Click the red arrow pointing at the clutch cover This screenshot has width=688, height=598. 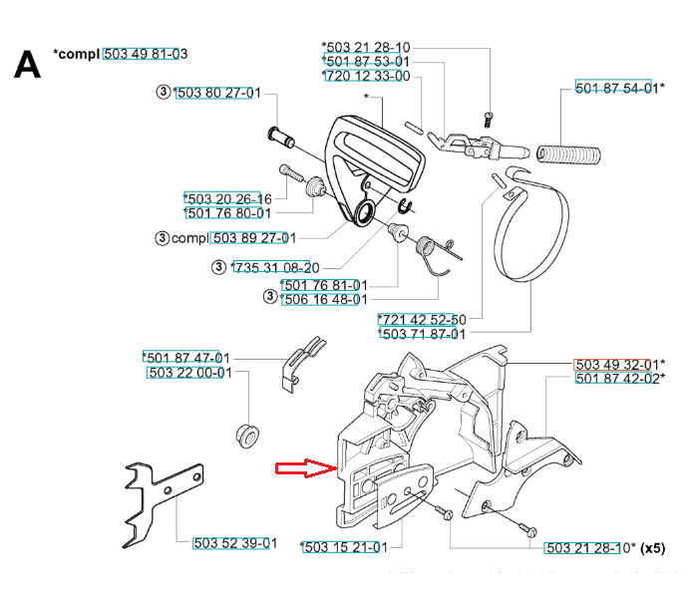pos(304,467)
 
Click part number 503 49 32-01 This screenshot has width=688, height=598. pos(615,364)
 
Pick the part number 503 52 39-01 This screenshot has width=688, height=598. pos(231,543)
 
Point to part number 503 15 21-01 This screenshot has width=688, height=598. pos(343,546)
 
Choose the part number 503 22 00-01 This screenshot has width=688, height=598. pos(188,373)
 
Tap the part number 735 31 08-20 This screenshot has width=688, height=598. pos(274,267)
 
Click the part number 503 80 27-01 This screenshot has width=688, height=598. pos(217,93)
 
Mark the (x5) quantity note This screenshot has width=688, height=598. pos(653,548)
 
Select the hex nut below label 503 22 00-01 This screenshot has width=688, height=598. pos(244,435)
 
